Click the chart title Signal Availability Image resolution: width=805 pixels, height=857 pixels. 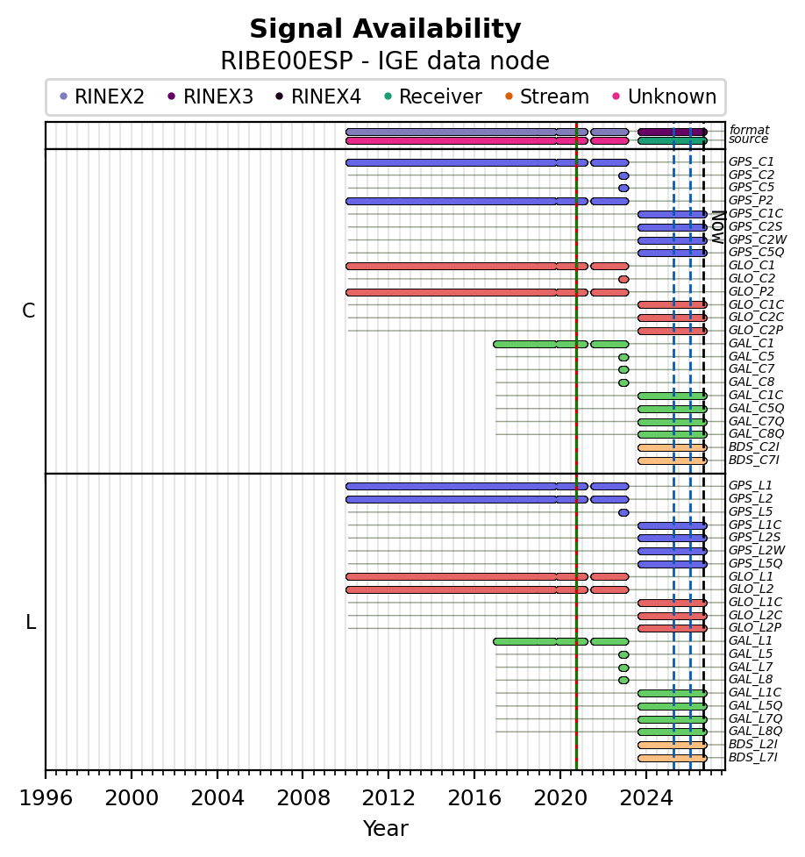point(385,29)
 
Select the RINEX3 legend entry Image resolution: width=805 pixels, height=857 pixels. point(210,96)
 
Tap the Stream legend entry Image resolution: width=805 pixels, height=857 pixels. point(547,96)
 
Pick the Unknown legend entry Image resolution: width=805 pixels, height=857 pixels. point(665,96)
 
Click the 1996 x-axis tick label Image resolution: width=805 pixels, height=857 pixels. point(46,798)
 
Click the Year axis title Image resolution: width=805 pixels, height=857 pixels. point(385,829)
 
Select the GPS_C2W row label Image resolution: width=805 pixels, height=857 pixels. point(758,239)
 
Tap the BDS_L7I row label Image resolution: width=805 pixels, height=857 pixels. point(753,757)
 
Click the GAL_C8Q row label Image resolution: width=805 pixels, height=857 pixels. point(757,433)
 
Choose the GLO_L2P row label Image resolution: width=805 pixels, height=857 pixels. point(755,627)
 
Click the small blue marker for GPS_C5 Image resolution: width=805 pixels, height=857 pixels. point(623,188)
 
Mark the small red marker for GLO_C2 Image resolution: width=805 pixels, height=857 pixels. point(623,279)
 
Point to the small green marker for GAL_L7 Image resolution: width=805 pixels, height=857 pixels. point(623,668)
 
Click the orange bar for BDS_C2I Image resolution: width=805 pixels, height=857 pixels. point(673,447)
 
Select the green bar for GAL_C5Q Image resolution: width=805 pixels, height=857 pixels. point(673,409)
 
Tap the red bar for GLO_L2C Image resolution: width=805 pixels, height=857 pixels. point(673,616)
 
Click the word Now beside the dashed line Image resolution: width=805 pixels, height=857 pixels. point(718,227)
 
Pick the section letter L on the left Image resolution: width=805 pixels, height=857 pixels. point(31,622)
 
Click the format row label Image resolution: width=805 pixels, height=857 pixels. point(749,130)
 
